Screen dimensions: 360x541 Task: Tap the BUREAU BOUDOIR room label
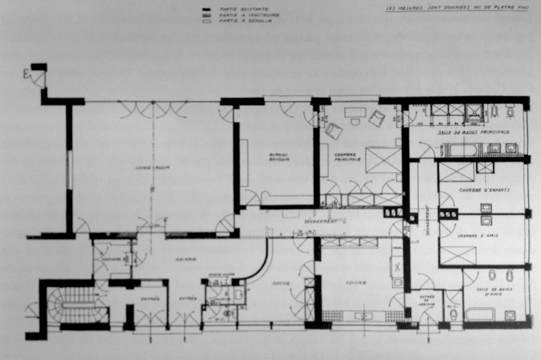pos(279,157)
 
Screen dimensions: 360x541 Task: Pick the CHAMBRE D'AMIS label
pos(477,236)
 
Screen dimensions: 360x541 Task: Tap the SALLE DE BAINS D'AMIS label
pos(489,292)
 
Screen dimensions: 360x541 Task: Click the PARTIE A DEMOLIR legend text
pos(244,21)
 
